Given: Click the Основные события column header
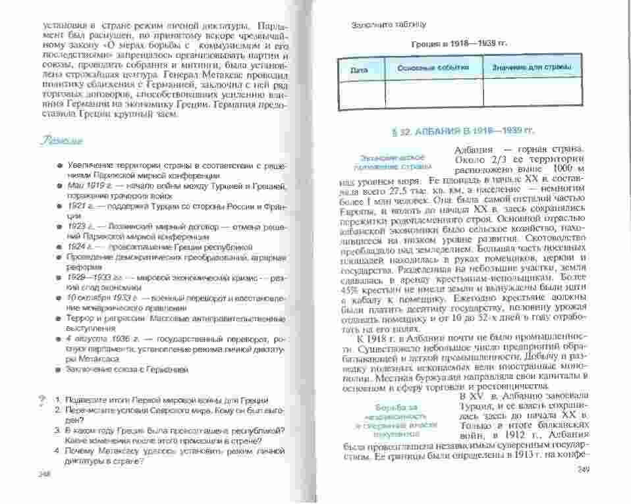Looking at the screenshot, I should click(x=433, y=68).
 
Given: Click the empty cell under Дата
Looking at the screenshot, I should click(x=360, y=93).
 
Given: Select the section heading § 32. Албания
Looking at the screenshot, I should click(x=460, y=132).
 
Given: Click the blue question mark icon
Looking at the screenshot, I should click(x=43, y=399).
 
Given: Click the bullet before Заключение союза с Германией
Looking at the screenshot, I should click(x=59, y=369).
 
